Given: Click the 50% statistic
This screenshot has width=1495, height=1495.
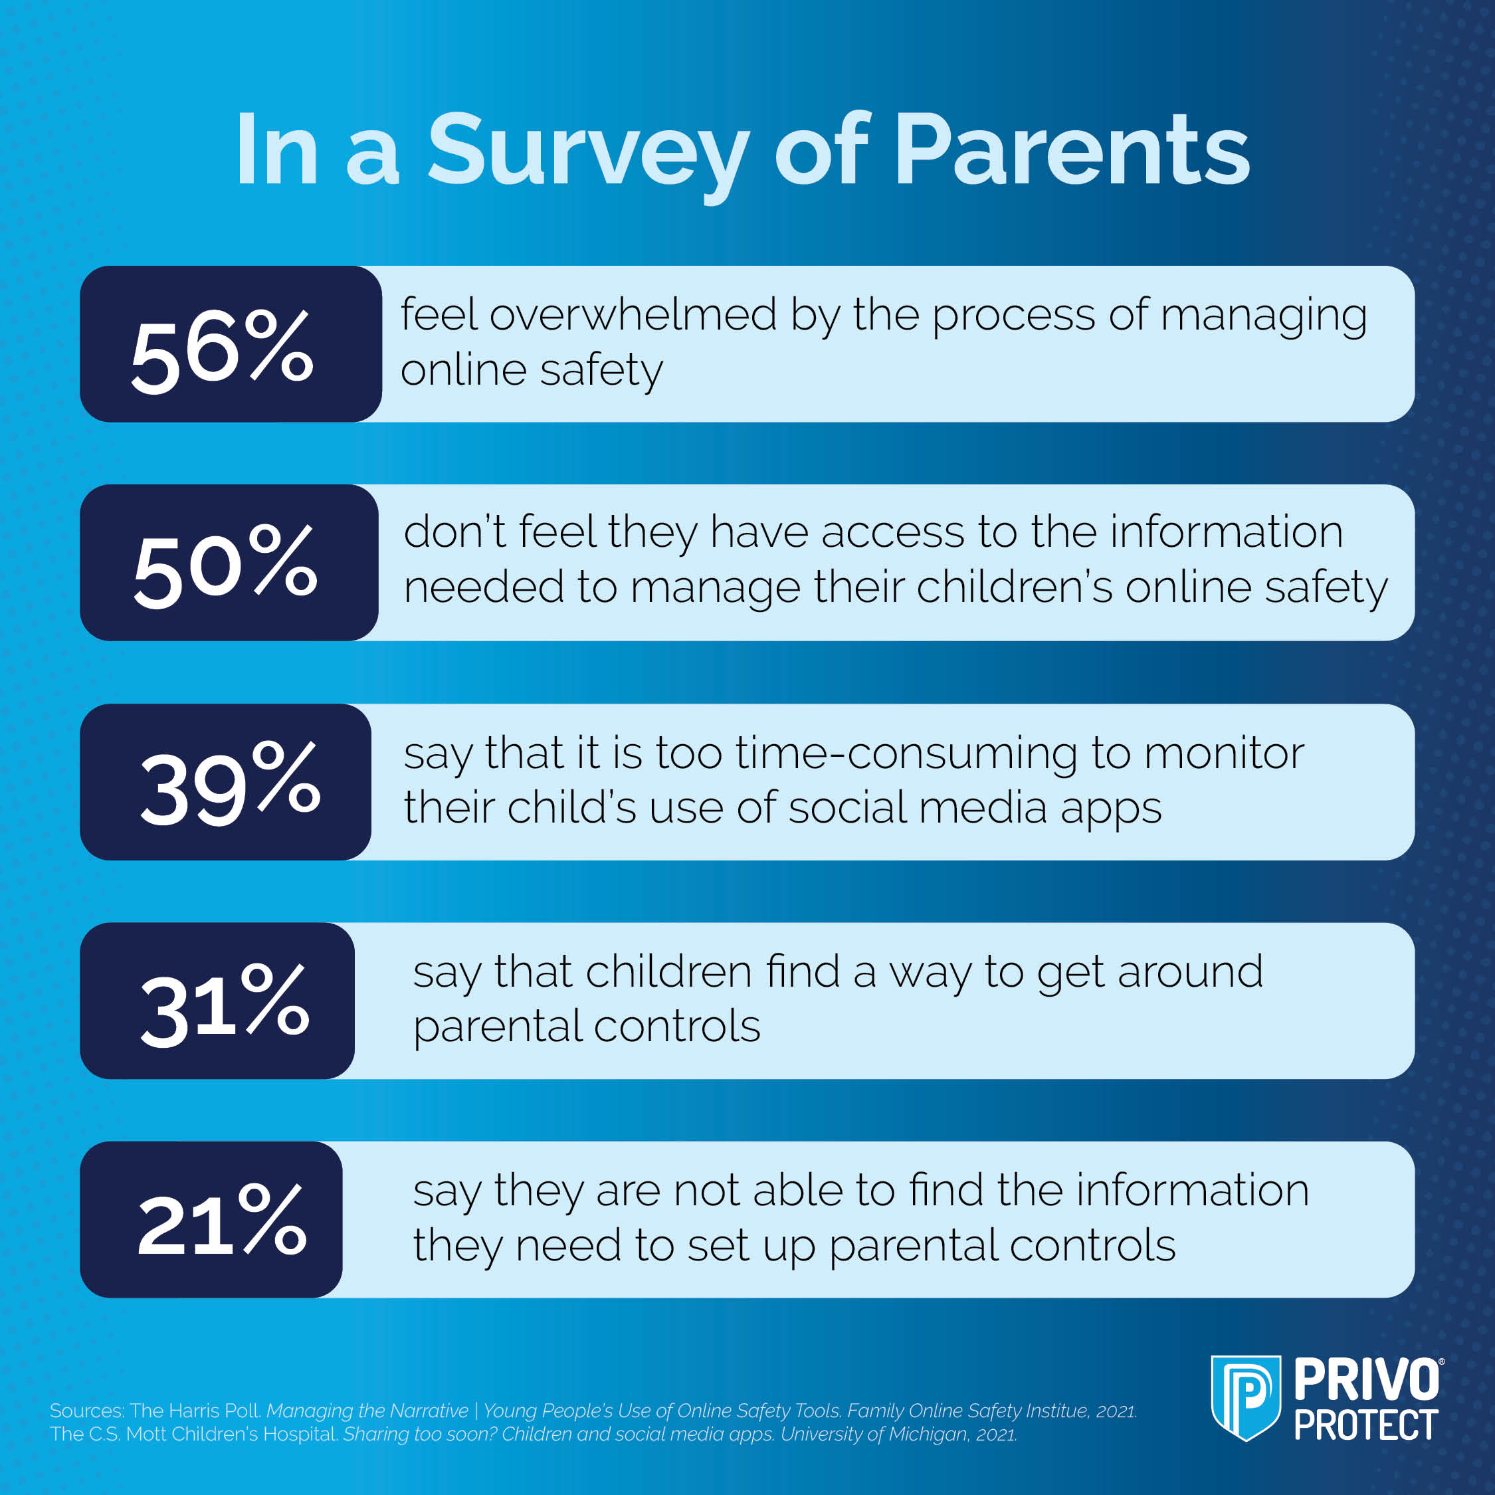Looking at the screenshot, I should click(x=225, y=565).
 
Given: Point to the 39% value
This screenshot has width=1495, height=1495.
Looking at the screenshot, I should click(x=229, y=783).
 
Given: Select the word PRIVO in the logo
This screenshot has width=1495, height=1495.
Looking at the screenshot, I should click(x=1366, y=1379).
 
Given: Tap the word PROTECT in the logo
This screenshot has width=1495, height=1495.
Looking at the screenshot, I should click(x=1366, y=1425).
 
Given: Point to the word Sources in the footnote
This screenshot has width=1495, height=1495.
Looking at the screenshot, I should click(x=86, y=1411).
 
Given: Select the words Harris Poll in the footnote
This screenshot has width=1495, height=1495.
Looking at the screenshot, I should click(x=209, y=1411).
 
